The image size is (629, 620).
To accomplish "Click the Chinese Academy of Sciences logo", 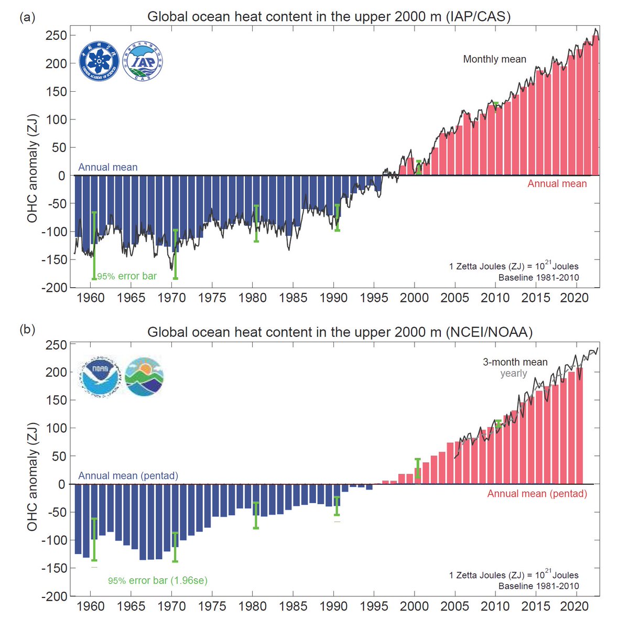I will [100, 62].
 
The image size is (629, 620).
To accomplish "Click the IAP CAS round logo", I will [143, 62].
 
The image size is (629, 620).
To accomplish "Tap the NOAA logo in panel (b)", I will [100, 376].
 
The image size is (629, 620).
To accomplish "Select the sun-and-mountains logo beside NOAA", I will [145, 376].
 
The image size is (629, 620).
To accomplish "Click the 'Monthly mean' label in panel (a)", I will [494, 59].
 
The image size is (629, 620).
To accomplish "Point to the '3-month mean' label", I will [515, 362].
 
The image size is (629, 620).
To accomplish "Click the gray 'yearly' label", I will [513, 373].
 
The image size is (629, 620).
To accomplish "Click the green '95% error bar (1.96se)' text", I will [158, 581].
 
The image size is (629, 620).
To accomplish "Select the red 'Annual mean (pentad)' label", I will [537, 494].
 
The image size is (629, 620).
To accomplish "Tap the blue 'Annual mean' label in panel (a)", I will [108, 167].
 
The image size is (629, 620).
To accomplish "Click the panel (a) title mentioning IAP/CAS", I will [329, 17].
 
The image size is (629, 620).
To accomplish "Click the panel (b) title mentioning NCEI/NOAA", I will [340, 332].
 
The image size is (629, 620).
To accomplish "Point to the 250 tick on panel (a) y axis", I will [56, 36].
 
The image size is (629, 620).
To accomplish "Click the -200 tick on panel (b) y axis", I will [53, 596].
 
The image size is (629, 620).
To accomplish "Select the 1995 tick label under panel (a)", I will [374, 298].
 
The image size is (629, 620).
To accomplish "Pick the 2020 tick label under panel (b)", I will [574, 606].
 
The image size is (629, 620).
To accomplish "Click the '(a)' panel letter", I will [27, 17].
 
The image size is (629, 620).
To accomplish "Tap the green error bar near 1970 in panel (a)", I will [176, 254].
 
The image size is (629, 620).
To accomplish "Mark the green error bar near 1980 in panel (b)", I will [256, 515].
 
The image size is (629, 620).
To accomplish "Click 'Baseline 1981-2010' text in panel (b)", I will [538, 586].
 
